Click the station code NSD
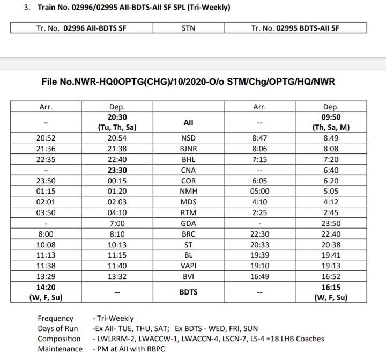click(x=189, y=138)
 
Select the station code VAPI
click(x=189, y=265)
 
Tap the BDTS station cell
click(x=189, y=292)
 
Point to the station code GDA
click(x=189, y=223)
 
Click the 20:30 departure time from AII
click(x=117, y=117)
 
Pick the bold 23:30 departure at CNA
click(x=117, y=170)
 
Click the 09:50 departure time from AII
click(x=331, y=117)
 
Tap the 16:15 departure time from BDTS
click(x=331, y=287)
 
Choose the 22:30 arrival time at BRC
click(x=259, y=233)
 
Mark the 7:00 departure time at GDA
click(x=117, y=223)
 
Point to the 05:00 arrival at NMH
click(x=259, y=191)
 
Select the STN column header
click(x=189, y=28)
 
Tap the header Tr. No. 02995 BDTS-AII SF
click(x=295, y=28)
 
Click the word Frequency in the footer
click(x=55, y=319)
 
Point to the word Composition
click(x=59, y=339)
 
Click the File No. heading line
click(x=188, y=82)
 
